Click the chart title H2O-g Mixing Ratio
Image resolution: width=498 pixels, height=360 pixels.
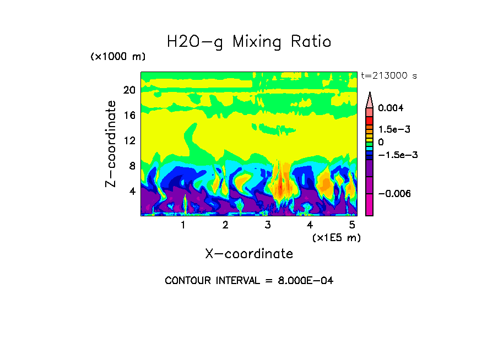click(x=249, y=42)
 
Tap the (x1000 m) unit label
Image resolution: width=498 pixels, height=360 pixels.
click(x=118, y=57)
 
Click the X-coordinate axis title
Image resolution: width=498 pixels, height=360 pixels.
click(x=249, y=254)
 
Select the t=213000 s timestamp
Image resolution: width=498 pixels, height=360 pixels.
click(x=388, y=75)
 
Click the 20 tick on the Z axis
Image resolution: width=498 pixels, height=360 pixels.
click(x=129, y=90)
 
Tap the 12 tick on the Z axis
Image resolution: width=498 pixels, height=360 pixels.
click(x=129, y=140)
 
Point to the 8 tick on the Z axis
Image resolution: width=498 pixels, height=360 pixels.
click(x=132, y=166)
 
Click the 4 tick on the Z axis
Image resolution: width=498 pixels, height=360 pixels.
click(x=132, y=191)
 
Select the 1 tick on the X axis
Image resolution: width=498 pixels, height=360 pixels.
click(x=183, y=225)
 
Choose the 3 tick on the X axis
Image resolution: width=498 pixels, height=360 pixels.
click(x=268, y=225)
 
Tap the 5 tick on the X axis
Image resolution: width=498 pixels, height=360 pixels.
click(x=352, y=225)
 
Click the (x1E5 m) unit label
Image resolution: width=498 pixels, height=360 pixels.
click(x=336, y=237)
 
